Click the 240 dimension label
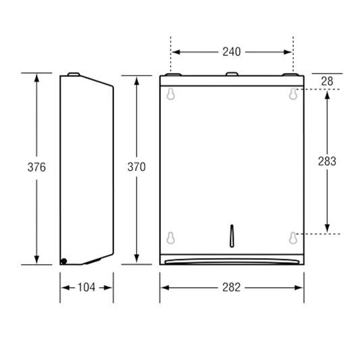pyautogui.click(x=232, y=52)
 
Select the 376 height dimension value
pyautogui.click(x=36, y=167)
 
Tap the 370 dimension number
pyautogui.click(x=136, y=167)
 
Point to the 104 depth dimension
pyautogui.click(x=86, y=288)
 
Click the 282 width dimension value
pyautogui.click(x=232, y=288)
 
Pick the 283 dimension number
pyautogui.click(x=327, y=161)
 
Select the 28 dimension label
pyautogui.click(x=327, y=81)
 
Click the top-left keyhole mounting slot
pyautogui.click(x=171, y=94)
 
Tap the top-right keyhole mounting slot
pyautogui.click(x=293, y=94)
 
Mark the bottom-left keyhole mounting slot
pyautogui.click(x=171, y=238)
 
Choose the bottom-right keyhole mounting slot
pyautogui.click(x=293, y=238)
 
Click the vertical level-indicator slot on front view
pyautogui.click(x=232, y=236)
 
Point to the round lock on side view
pyautogui.click(x=63, y=261)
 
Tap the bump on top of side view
pyautogui.click(x=74, y=74)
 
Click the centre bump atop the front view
pyautogui.click(x=232, y=74)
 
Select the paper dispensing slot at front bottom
pyautogui.click(x=232, y=261)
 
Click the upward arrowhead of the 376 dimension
pyautogui.click(x=36, y=78)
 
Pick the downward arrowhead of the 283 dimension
pyautogui.click(x=327, y=228)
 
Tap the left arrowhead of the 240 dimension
pyautogui.click(x=176, y=52)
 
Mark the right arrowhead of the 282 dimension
pyautogui.click(x=299, y=288)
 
